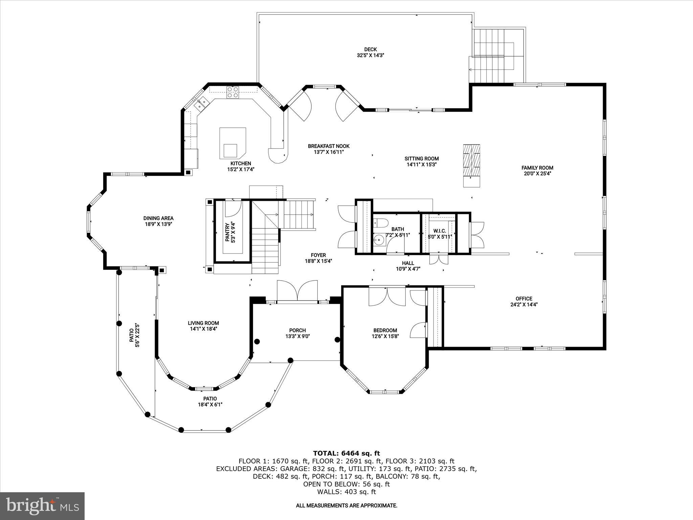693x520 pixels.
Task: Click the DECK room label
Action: point(371,49)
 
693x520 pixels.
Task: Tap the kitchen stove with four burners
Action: point(232,92)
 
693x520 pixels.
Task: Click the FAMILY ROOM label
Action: point(537,168)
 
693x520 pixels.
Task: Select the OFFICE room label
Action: point(524,299)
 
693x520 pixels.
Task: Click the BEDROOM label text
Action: point(385,330)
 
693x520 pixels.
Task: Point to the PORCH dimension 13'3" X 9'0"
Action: point(297,337)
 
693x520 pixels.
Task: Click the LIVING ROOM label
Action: point(203,323)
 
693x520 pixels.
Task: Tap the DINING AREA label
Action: point(158,218)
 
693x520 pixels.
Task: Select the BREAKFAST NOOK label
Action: point(329,146)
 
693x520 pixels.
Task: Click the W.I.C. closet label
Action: point(440,231)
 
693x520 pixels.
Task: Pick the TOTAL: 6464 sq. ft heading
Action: point(346,453)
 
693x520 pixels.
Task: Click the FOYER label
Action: point(318,255)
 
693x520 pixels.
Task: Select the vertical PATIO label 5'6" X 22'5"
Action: point(135,335)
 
